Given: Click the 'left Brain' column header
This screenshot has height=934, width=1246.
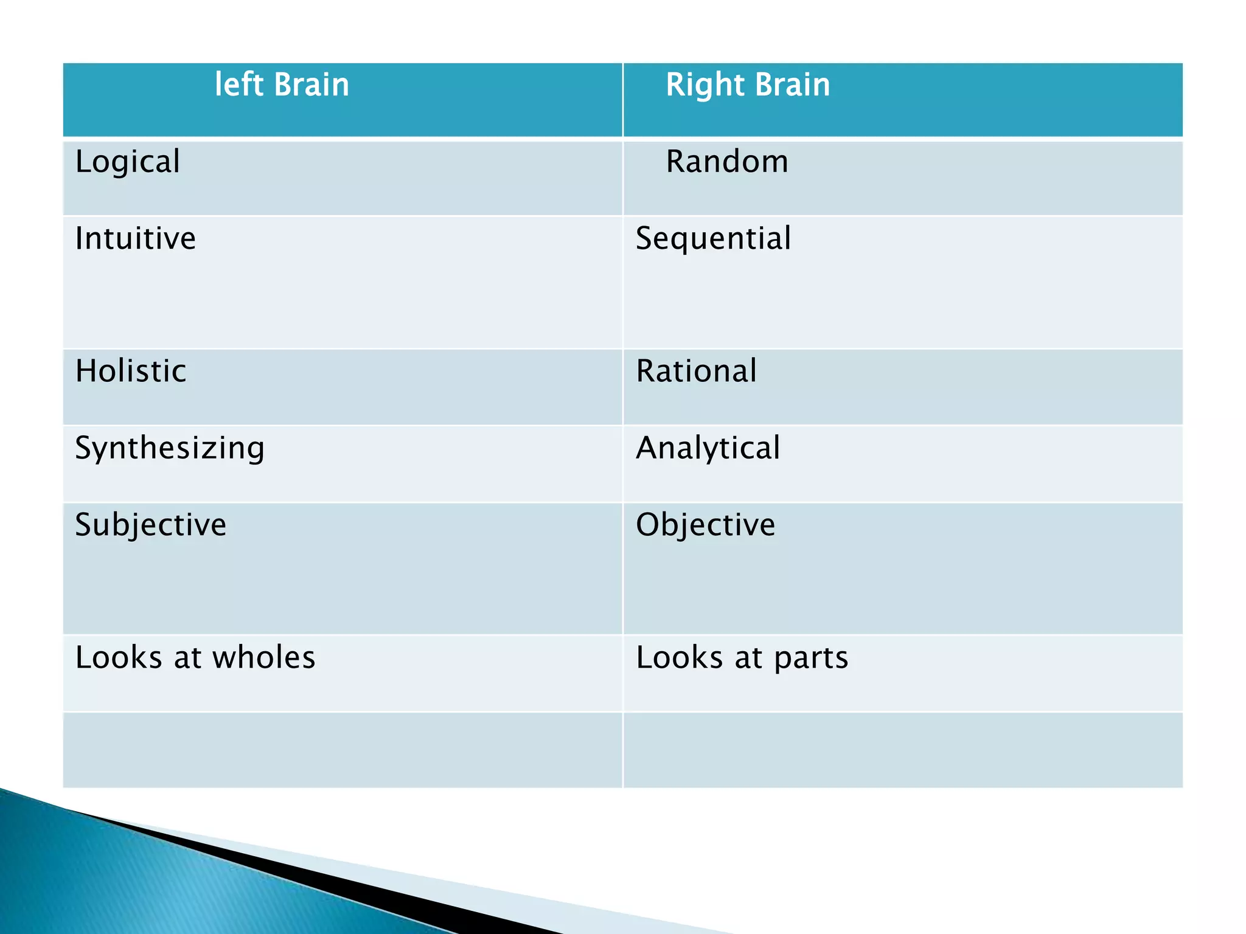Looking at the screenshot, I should click(282, 85).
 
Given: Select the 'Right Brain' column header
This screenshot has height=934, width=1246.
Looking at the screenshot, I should click(748, 85).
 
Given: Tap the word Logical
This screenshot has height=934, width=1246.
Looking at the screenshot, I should click(127, 162).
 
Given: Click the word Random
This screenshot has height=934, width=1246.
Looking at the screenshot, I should click(727, 162).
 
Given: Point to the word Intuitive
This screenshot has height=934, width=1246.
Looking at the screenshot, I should click(135, 238).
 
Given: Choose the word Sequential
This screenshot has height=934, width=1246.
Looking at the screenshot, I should click(713, 238).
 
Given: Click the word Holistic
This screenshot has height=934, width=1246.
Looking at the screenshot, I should click(131, 371).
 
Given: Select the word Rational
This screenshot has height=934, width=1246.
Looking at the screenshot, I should click(697, 371).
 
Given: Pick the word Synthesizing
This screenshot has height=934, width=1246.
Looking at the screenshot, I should click(170, 448).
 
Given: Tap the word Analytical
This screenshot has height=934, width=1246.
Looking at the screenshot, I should click(708, 448).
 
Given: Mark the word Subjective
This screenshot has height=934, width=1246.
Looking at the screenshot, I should click(150, 525).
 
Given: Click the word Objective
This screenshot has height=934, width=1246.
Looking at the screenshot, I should click(706, 525).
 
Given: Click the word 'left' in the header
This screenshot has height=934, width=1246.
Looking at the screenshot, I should click(238, 85).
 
